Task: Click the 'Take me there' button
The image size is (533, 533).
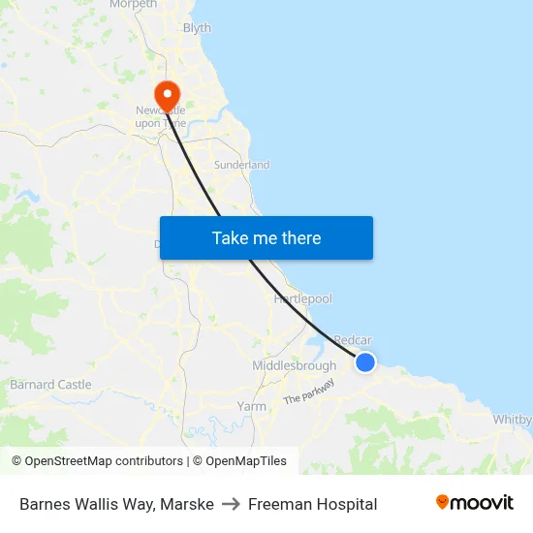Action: click(266, 238)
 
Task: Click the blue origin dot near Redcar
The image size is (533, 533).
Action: click(364, 361)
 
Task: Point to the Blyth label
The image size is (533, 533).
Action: click(197, 28)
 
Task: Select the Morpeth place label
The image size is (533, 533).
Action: click(133, 5)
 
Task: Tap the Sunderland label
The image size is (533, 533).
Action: click(241, 165)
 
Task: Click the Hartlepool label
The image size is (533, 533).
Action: click(302, 298)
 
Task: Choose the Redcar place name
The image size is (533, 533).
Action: click(353, 340)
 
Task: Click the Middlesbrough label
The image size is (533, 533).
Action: click(294, 366)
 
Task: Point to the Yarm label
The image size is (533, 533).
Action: click(252, 406)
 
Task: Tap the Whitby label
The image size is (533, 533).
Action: click(513, 420)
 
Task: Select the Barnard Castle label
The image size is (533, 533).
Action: click(50, 385)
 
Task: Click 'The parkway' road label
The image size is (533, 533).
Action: click(309, 392)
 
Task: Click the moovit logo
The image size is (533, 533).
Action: click(475, 503)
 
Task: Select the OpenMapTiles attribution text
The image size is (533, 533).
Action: click(239, 461)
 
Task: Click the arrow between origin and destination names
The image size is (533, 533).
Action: click(231, 504)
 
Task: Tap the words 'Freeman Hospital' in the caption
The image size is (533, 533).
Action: click(312, 504)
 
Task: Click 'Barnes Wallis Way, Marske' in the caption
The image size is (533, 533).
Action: click(116, 504)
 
